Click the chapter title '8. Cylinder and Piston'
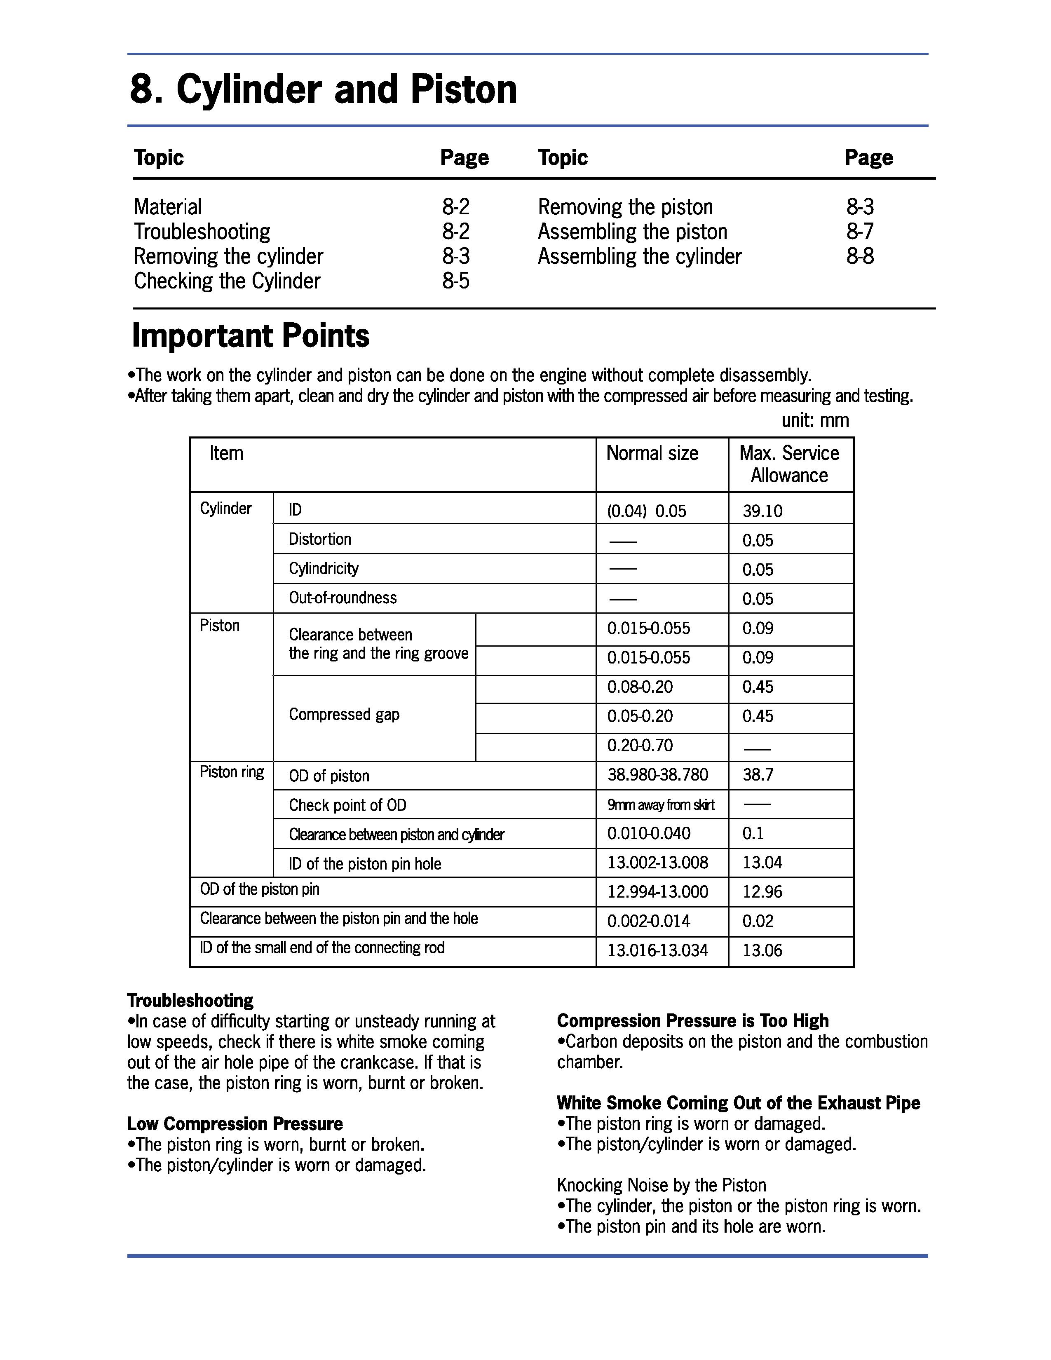pyautogui.click(x=323, y=90)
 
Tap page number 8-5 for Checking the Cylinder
pyautogui.click(x=456, y=281)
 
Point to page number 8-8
pyautogui.click(x=860, y=257)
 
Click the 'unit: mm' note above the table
pyautogui.click(x=815, y=420)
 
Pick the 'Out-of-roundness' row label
pyautogui.click(x=343, y=598)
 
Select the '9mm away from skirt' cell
pyautogui.click(x=661, y=805)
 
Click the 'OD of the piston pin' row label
pyautogui.click(x=260, y=889)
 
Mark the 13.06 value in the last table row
pyautogui.click(x=762, y=950)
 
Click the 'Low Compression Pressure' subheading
pyautogui.click(x=235, y=1124)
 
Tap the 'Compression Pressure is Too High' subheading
pyautogui.click(x=692, y=1021)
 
